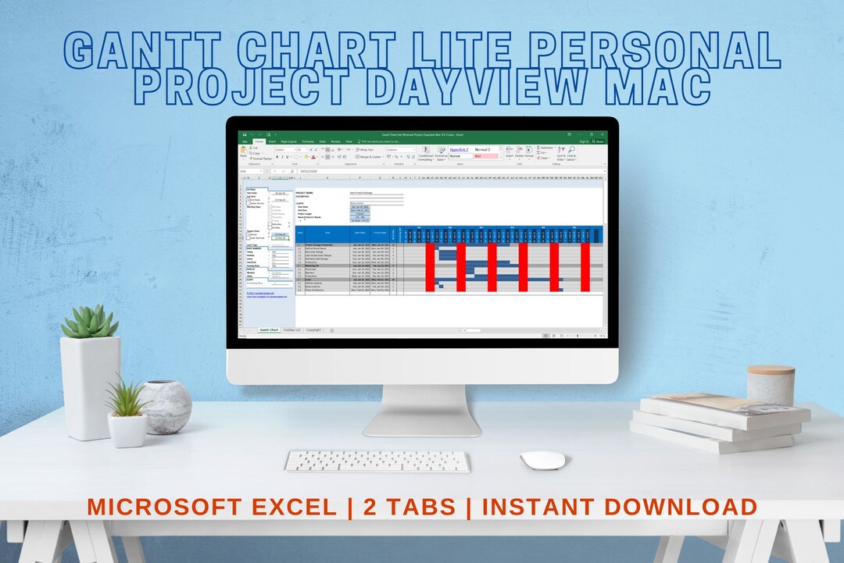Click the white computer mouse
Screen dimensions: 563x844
[x=542, y=460]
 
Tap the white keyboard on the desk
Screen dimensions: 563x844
[x=377, y=461]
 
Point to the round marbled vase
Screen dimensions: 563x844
[x=166, y=406]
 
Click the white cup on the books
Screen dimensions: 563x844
[x=771, y=384]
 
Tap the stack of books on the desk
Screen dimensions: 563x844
[x=715, y=422]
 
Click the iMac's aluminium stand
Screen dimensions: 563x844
[x=422, y=410]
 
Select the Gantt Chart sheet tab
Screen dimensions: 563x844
[x=269, y=330]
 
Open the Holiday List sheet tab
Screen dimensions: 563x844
[x=291, y=330]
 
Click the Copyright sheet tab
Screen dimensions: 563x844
[x=313, y=330]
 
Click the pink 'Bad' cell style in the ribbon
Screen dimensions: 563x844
[x=485, y=156]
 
